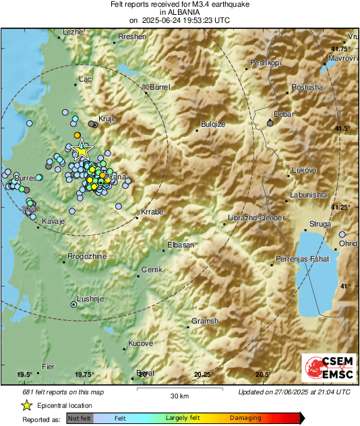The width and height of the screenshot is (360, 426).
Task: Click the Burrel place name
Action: [160, 87]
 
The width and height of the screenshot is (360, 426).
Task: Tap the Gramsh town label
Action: [205, 322]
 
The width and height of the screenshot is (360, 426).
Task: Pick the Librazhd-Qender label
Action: [257, 218]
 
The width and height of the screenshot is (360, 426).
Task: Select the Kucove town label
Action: [140, 343]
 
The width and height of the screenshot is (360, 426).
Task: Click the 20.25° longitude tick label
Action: [204, 375]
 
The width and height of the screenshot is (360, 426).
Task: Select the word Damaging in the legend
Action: [245, 418]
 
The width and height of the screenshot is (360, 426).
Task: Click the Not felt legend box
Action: [79, 418]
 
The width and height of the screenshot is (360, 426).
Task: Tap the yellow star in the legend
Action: [26, 405]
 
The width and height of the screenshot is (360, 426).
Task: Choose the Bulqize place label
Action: [213, 124]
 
